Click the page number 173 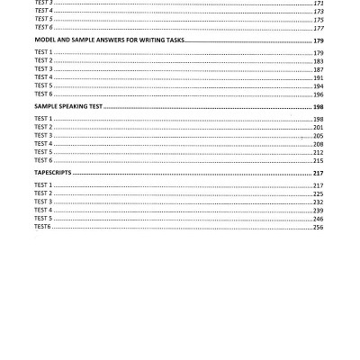[318, 11]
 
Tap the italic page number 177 [318, 28]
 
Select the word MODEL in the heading [45, 40]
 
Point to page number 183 [318, 61]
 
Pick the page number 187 [318, 69]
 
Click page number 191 [318, 77]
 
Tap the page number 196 [318, 94]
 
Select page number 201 [318, 127]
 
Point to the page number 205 [318, 135]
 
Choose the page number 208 [318, 144]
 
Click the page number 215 [318, 160]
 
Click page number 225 [318, 193]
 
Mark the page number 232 [318, 202]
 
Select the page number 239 [318, 210]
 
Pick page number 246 [318, 219]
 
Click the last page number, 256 [318, 227]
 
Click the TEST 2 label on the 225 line [43, 193]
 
